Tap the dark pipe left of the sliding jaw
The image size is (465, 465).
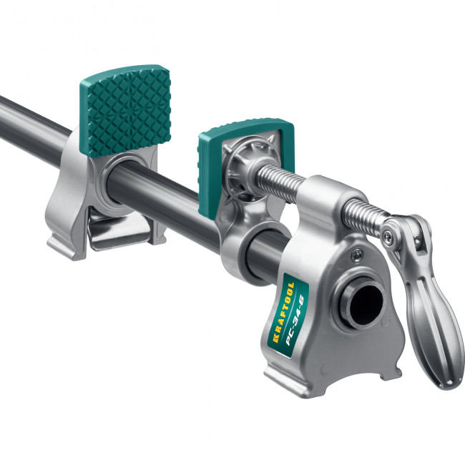pos(36,122)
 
